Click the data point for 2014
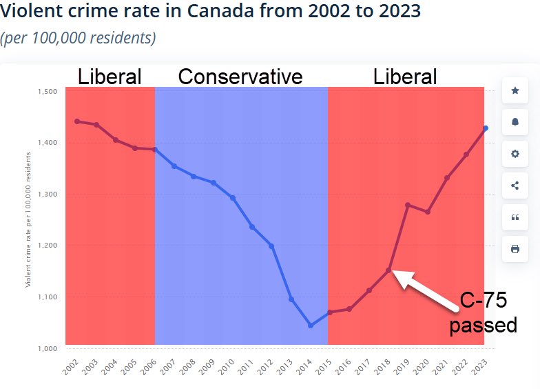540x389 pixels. click(x=311, y=325)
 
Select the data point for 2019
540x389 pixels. click(x=408, y=205)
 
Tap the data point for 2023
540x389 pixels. click(x=486, y=128)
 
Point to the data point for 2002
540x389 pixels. click(x=76, y=121)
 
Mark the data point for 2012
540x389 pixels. click(x=271, y=246)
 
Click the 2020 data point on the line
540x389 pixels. click(x=428, y=212)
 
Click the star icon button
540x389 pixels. click(x=515, y=90)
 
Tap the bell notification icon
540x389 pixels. click(x=515, y=122)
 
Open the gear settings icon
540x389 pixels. click(x=515, y=154)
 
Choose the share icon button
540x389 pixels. click(x=515, y=185)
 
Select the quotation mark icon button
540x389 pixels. click(x=515, y=217)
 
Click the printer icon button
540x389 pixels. click(x=515, y=248)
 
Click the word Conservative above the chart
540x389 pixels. click(x=240, y=77)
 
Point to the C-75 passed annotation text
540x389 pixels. click(x=483, y=312)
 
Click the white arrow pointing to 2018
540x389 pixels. click(x=426, y=286)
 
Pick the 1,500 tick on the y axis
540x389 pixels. click(x=47, y=92)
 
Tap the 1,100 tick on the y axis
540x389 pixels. click(x=47, y=297)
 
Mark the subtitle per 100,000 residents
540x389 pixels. click(x=78, y=38)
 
